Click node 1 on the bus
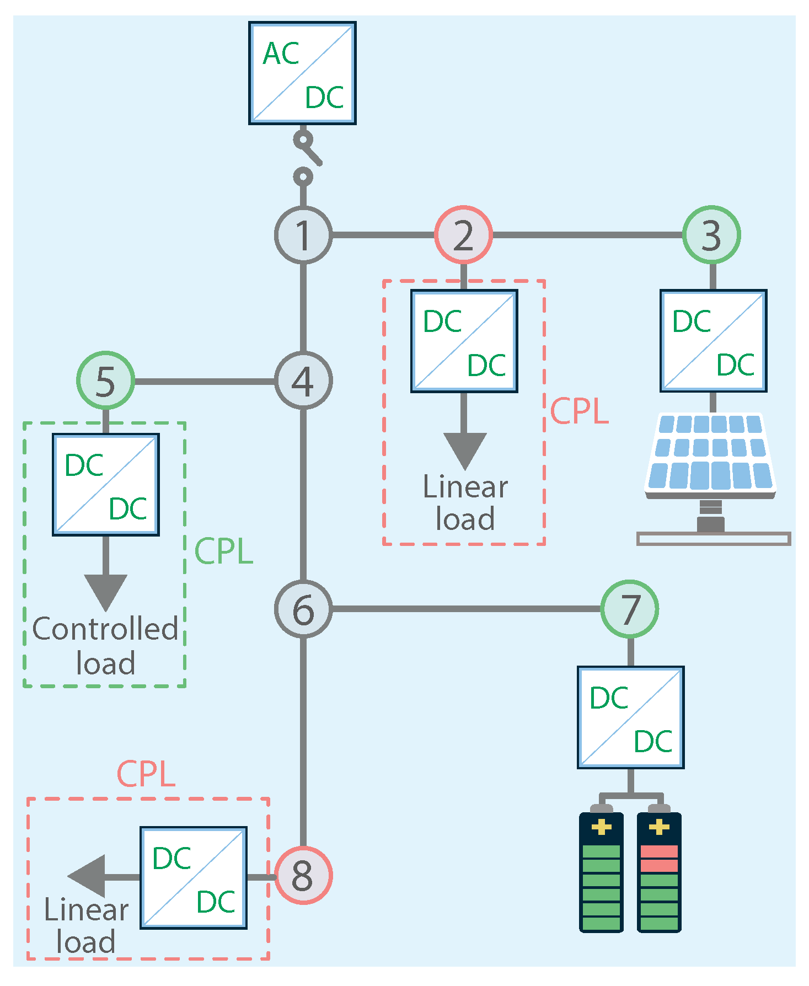click(303, 235)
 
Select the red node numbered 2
click(463, 235)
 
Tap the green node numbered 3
click(711, 235)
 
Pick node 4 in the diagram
click(303, 381)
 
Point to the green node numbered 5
click(105, 381)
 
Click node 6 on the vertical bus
click(303, 609)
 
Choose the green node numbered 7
click(629, 609)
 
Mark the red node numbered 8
click(303, 875)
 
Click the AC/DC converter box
click(302, 73)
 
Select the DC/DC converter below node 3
click(714, 341)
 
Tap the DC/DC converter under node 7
click(631, 717)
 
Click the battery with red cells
click(659, 868)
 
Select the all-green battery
click(601, 868)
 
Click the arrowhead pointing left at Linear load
click(87, 876)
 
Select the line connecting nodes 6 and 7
click(466, 609)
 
